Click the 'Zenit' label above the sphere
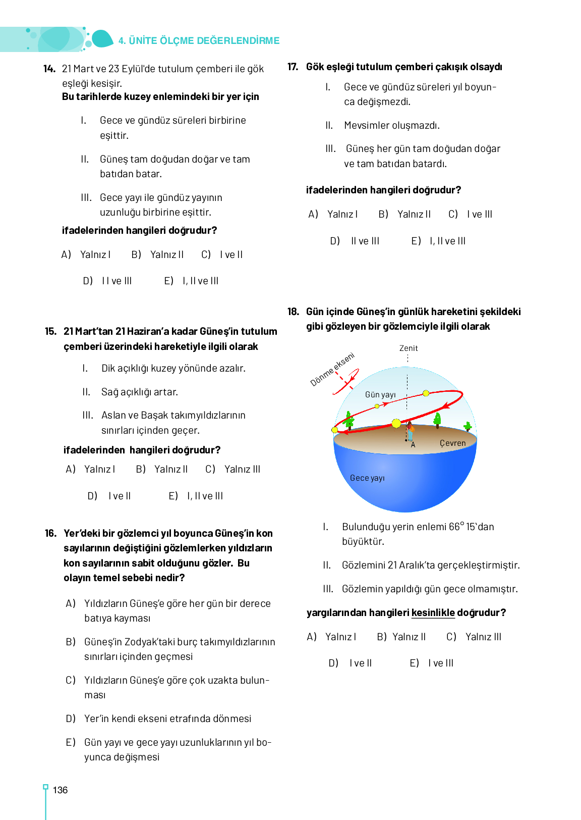pos(408,348)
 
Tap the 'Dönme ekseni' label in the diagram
pos(332,369)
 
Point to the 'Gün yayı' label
pos(380,394)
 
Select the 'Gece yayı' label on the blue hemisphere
pos(367,478)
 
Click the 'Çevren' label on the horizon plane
pos(452,443)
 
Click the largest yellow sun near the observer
pos(396,423)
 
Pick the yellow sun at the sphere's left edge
pos(334,430)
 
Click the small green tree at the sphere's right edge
pos(468,426)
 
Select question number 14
pos(49,69)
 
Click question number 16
pos(50,533)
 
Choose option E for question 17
pos(438,241)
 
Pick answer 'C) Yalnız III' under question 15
pos(233,469)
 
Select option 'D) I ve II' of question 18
pos(351,663)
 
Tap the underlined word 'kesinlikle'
pos(433,612)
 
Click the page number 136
pos(60,790)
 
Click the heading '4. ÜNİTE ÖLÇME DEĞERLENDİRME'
pos(199,40)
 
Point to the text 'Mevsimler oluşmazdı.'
pos(391,125)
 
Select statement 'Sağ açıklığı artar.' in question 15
pos(139,392)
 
